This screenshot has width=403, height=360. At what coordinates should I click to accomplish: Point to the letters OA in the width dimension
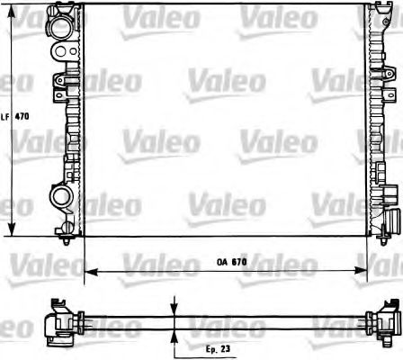[220, 262]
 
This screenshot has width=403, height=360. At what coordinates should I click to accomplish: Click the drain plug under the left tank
[70, 239]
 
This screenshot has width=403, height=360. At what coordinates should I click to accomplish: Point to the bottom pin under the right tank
[379, 239]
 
